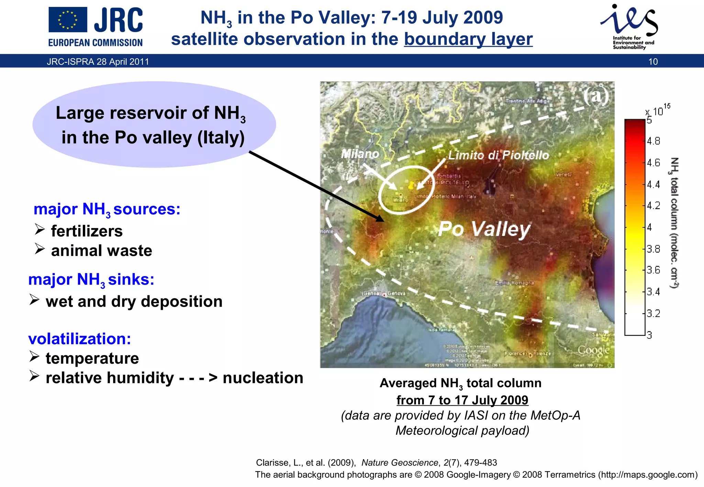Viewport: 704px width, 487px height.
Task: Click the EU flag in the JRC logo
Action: pos(68,20)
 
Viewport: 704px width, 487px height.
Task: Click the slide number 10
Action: pos(653,62)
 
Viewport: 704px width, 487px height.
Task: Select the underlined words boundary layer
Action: pos(468,39)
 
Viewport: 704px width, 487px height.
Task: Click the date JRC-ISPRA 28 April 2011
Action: pos(98,62)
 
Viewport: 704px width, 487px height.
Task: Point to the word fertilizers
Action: pos(87,231)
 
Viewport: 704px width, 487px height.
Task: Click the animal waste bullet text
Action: pos(101,251)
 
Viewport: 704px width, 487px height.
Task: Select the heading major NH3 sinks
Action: pos(91,280)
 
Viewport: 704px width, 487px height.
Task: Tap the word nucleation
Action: pos(263,378)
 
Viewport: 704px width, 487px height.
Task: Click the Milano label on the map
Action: pos(360,154)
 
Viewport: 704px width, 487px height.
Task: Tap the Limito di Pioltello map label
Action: pos(498,155)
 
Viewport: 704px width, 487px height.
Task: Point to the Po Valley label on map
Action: pos(484,229)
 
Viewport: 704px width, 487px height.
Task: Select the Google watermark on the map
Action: pos(593,350)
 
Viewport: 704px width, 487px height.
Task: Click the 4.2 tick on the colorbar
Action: pos(653,206)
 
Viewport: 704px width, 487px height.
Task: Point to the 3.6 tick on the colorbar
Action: pos(653,270)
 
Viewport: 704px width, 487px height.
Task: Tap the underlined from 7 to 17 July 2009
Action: pos(462,400)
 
